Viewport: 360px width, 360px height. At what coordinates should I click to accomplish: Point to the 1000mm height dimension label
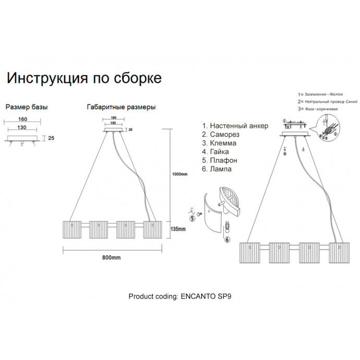coord(179,174)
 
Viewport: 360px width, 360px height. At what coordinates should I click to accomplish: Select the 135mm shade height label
coord(179,229)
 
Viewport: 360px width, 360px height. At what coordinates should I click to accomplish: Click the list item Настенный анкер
coord(235,126)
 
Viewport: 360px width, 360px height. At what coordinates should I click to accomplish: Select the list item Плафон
coord(223,160)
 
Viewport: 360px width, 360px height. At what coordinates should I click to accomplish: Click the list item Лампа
coord(221,169)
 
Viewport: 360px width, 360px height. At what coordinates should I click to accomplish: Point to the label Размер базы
coord(27,107)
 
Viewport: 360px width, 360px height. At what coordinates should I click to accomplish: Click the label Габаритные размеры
coord(121,107)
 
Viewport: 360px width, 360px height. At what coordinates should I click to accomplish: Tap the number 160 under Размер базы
coord(22,119)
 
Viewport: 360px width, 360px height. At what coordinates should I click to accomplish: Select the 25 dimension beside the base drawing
coord(52,139)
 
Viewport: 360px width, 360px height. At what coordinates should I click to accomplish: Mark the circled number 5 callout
coord(191,219)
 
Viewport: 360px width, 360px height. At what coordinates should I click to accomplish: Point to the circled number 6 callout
coord(227,239)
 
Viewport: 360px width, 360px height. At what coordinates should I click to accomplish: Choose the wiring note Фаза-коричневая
coord(318,109)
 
